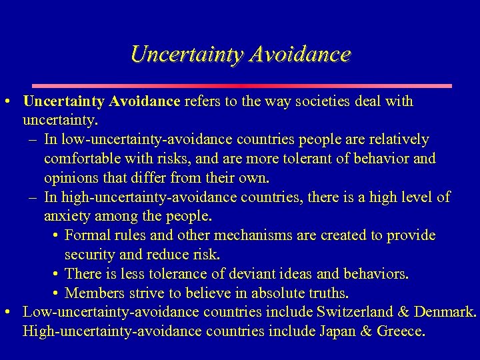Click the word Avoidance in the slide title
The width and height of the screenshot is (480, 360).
[299, 55]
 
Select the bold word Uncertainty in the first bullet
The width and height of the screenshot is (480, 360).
[63, 102]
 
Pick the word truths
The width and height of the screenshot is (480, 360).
[325, 293]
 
